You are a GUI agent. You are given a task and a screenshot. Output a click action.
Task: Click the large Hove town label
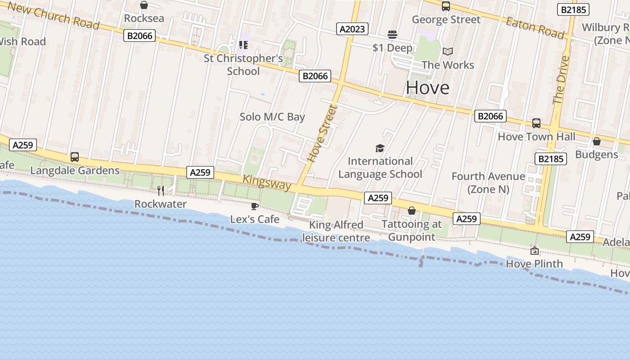[427, 88]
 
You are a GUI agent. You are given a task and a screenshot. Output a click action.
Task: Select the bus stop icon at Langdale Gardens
[75, 157]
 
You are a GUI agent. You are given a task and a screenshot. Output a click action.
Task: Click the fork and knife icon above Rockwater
[161, 191]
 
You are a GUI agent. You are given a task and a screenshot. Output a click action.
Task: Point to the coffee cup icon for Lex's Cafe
[254, 206]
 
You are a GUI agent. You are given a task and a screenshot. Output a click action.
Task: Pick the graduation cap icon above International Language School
[380, 148]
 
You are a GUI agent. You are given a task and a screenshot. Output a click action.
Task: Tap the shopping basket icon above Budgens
[597, 141]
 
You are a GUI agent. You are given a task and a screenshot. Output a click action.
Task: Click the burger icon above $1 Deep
[392, 35]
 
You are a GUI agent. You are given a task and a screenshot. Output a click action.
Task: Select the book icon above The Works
[447, 51]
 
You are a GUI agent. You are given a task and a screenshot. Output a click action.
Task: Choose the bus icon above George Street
[446, 6]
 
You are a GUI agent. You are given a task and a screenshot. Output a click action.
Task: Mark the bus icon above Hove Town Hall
[536, 123]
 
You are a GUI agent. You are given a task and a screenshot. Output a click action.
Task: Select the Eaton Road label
[535, 28]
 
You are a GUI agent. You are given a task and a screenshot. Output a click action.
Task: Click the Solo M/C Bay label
[272, 117]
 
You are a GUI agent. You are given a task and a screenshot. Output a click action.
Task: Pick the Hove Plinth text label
[535, 264]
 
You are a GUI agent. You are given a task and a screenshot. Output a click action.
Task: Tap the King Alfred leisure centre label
[336, 231]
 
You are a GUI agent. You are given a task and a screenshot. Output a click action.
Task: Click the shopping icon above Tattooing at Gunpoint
[411, 211]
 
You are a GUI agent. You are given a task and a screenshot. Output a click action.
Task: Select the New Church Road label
[54, 15]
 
